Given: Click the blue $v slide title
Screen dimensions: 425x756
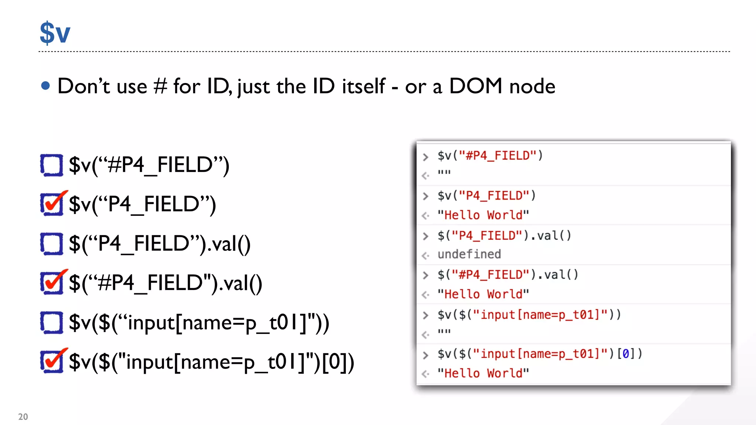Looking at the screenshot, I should tap(55, 33).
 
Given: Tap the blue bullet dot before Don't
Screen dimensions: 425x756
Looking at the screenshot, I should tap(45, 86).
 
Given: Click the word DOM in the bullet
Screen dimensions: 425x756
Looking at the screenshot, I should tap(475, 86).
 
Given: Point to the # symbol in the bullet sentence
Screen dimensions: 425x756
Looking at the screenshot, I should tap(160, 86).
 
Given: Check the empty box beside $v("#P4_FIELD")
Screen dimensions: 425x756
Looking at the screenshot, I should tap(52, 165).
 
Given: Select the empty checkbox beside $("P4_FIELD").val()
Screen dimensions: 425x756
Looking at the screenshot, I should tap(52, 244).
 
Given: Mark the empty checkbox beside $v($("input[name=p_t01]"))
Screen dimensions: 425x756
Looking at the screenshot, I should tap(52, 323).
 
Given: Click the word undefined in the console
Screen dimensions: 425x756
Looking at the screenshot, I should tap(469, 254).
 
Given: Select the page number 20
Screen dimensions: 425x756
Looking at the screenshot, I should tap(23, 417).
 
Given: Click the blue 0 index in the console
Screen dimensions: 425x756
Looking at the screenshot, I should tap(625, 354).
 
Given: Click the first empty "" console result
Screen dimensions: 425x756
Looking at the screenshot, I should tap(444, 172).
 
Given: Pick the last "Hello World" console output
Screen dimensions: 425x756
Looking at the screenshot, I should tap(483, 373).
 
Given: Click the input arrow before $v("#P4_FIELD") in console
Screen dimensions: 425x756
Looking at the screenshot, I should tap(426, 157).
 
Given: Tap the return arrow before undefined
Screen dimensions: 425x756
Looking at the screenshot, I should tap(426, 255).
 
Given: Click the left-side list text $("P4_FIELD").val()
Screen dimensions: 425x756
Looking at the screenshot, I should tap(160, 244).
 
